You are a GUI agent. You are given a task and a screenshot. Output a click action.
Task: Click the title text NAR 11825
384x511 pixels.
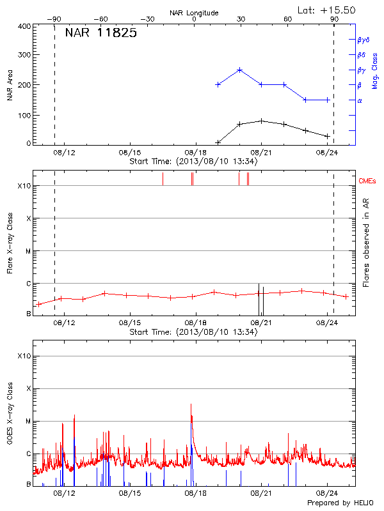click(x=100, y=33)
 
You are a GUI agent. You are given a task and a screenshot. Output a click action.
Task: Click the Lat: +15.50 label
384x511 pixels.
click(x=328, y=10)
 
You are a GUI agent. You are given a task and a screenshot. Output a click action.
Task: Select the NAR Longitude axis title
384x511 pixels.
click(x=194, y=12)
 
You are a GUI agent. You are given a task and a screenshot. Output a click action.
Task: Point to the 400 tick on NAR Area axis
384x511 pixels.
click(x=24, y=27)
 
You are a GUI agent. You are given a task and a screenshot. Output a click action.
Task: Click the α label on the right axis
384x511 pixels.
click(x=359, y=100)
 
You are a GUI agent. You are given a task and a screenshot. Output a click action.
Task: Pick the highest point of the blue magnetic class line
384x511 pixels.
click(x=239, y=70)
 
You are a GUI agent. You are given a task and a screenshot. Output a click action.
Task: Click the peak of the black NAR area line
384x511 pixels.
click(x=261, y=121)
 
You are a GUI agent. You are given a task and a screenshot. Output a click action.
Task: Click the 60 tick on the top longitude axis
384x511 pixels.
click(x=287, y=19)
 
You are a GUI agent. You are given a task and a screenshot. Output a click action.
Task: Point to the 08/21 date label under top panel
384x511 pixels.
click(x=261, y=153)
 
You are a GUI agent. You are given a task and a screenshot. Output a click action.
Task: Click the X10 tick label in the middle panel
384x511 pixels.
click(x=24, y=186)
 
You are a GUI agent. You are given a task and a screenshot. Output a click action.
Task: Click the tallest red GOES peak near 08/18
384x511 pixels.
click(x=191, y=404)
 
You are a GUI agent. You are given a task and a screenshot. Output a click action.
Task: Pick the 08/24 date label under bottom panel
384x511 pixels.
click(x=327, y=494)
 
